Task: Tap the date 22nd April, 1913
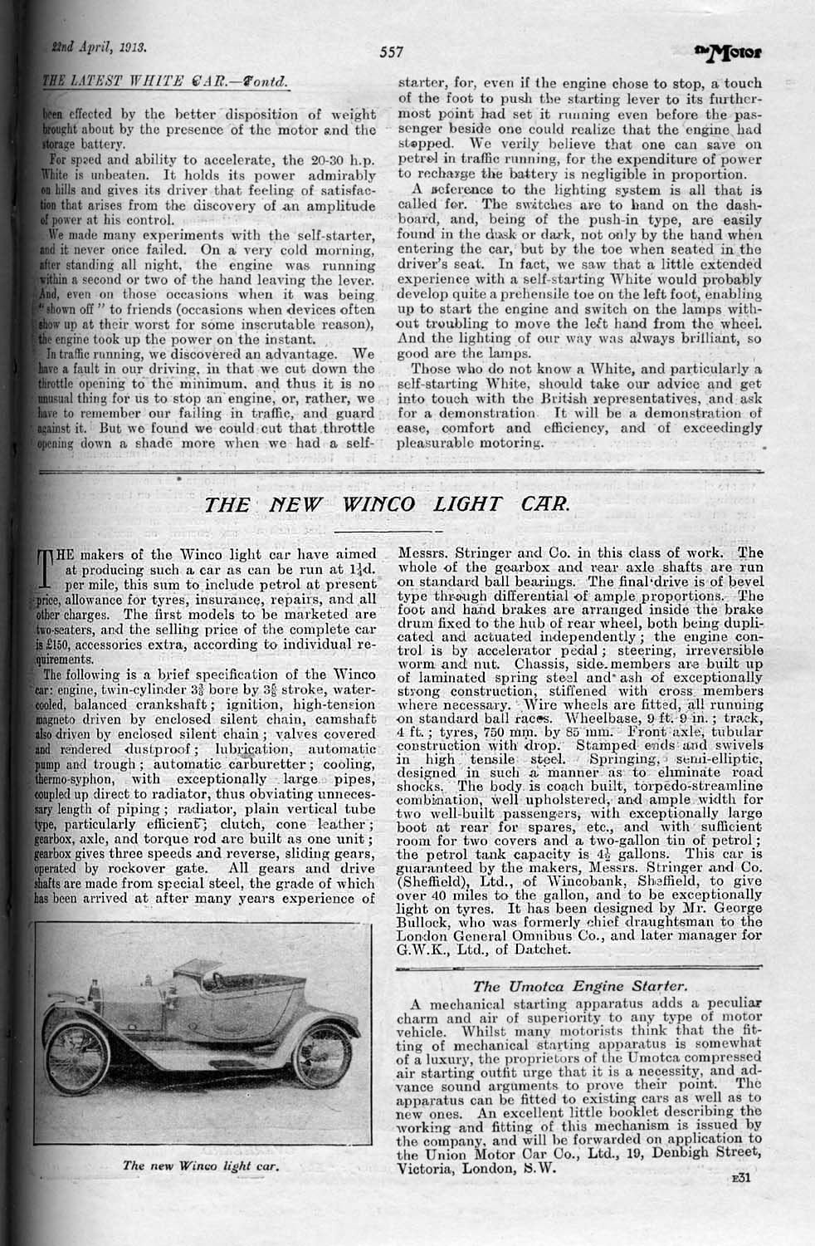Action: click(85, 49)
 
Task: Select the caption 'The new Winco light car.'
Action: click(199, 1165)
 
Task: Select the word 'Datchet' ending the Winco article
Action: click(542, 948)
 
